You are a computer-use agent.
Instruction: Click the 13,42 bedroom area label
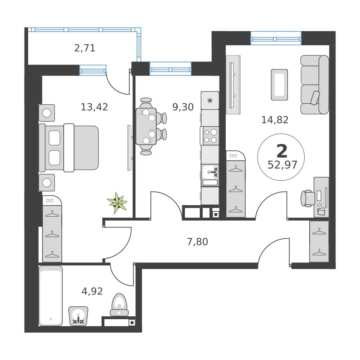click(94, 107)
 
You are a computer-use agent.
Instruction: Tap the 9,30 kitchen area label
click(183, 107)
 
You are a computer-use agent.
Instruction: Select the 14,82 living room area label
click(275, 120)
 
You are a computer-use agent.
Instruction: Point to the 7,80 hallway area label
click(197, 242)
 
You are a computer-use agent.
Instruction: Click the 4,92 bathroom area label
click(92, 291)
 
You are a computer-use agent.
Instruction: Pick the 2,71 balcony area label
click(85, 48)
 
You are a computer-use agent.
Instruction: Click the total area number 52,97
click(282, 165)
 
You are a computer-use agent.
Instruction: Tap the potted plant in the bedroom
click(117, 203)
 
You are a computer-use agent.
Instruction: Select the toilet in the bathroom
click(119, 305)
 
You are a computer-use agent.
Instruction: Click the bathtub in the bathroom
click(50, 296)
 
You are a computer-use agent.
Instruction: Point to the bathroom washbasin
click(78, 316)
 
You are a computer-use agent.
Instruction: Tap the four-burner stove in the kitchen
click(211, 136)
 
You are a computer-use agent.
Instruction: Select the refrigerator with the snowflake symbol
click(210, 100)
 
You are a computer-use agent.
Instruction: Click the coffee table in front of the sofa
click(279, 85)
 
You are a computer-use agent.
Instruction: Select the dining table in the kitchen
click(146, 126)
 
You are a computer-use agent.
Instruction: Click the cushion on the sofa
click(315, 97)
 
